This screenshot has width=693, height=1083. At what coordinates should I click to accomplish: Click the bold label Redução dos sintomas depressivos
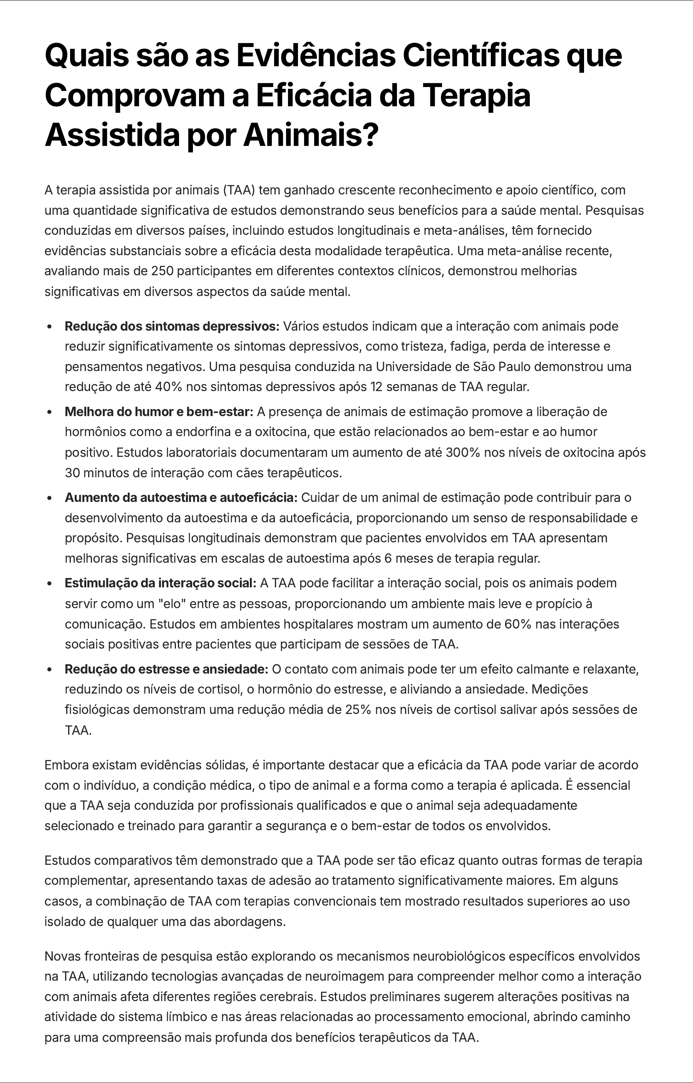pos(172,326)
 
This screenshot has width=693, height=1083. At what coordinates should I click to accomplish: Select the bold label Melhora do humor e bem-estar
pos(159,411)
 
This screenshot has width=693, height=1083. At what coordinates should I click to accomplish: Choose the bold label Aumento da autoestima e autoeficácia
pos(181,497)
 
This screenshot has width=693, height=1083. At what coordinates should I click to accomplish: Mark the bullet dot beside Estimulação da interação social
pos(50,583)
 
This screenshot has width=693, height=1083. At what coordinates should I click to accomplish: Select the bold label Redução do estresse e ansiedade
pos(166,669)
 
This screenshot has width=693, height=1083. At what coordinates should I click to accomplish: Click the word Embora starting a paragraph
pos(67,765)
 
